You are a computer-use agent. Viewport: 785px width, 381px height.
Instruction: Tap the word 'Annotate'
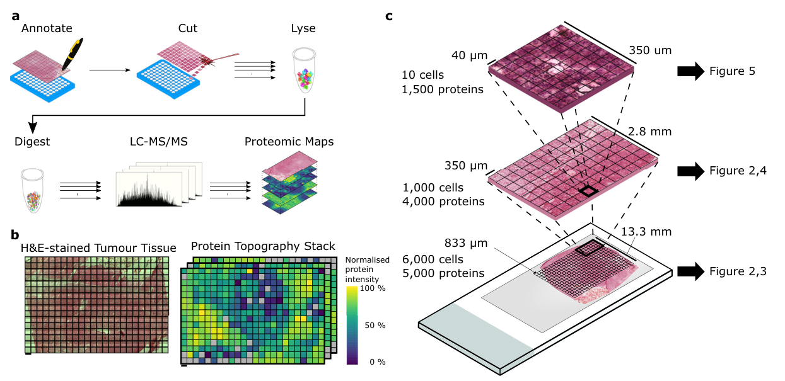[x=47, y=29]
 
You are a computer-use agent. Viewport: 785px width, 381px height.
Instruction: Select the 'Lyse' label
[x=303, y=29]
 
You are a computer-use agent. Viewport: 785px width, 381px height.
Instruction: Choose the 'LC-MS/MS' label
[x=151, y=142]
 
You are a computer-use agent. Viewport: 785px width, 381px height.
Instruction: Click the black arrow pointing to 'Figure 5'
[x=691, y=72]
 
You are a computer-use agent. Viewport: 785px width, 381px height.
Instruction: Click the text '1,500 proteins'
[x=443, y=89]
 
